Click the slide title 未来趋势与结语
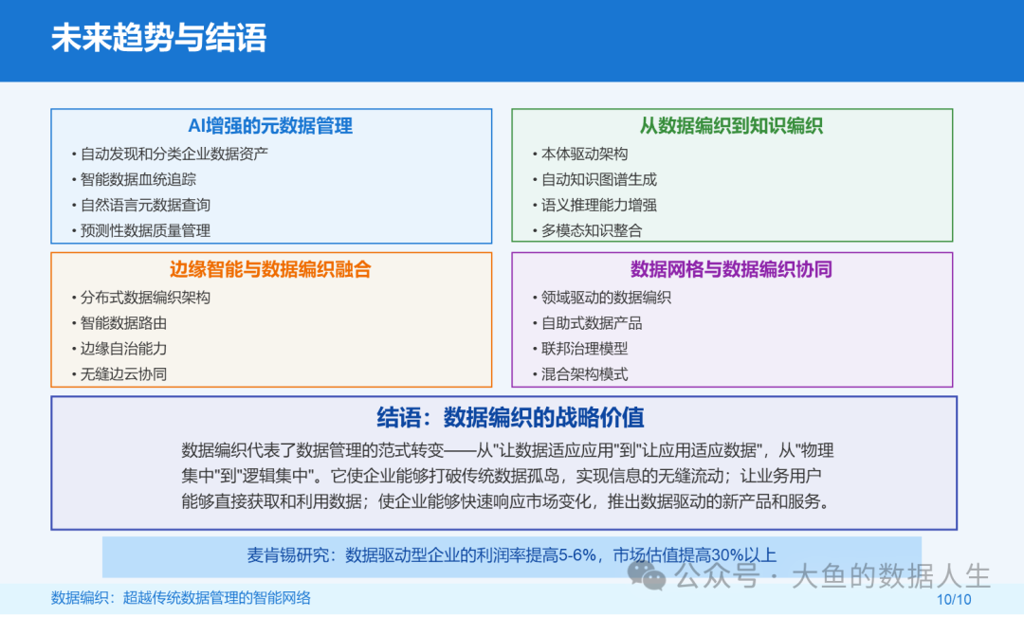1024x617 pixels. click(159, 38)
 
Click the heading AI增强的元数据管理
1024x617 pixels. click(270, 126)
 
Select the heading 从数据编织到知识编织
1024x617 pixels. click(731, 126)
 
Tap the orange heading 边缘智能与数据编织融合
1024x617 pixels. click(270, 270)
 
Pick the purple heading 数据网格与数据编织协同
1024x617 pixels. click(731, 270)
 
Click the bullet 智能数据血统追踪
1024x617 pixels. click(138, 179)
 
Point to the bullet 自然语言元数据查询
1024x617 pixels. click(145, 205)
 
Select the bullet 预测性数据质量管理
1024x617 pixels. click(145, 230)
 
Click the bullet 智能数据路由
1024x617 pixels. click(124, 323)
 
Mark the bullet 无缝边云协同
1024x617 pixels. click(124, 374)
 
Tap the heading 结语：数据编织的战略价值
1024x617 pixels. click(511, 418)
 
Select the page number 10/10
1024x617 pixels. click(954, 599)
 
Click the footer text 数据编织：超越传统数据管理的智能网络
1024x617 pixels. click(181, 598)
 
